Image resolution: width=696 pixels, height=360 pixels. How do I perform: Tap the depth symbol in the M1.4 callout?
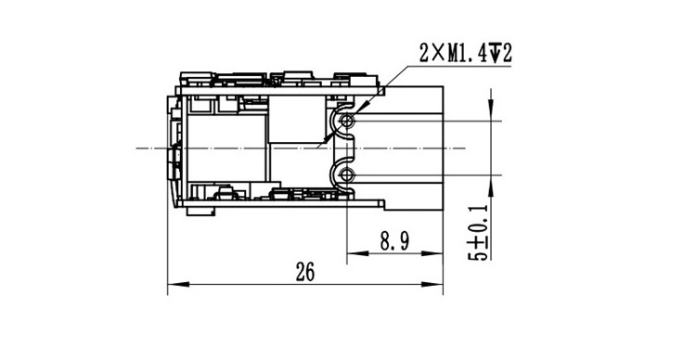coord(496,54)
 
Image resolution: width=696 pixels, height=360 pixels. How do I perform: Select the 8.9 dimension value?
coord(394,241)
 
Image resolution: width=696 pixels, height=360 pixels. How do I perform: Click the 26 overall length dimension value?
coord(305,272)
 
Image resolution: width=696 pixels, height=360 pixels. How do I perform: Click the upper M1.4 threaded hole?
coord(347,121)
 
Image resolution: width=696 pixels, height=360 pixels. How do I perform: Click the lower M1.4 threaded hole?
coord(347,175)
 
